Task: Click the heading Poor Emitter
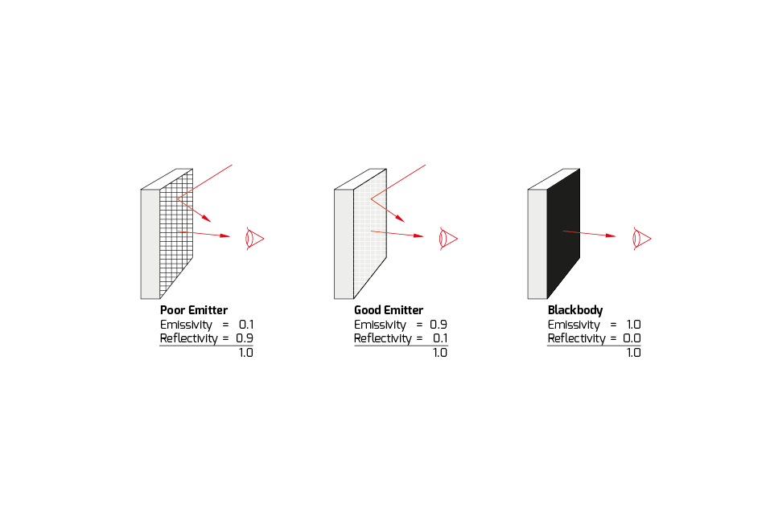(x=193, y=310)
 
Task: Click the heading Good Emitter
(x=388, y=310)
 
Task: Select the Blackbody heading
(x=574, y=310)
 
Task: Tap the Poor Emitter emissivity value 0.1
(x=246, y=325)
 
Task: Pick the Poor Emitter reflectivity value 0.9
(x=245, y=338)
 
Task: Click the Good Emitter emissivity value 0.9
(x=439, y=325)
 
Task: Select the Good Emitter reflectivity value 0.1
(x=440, y=338)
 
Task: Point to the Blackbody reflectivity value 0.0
(x=632, y=338)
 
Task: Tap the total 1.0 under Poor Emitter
(x=245, y=353)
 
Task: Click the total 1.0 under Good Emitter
(x=439, y=353)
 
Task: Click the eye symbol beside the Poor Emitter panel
(x=253, y=239)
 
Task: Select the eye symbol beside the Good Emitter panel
(x=447, y=239)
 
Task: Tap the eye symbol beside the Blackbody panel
(x=641, y=239)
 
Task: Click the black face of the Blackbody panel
(x=562, y=233)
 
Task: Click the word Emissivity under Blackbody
(x=574, y=325)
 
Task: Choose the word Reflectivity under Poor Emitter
(x=188, y=338)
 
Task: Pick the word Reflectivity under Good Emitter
(x=382, y=338)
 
